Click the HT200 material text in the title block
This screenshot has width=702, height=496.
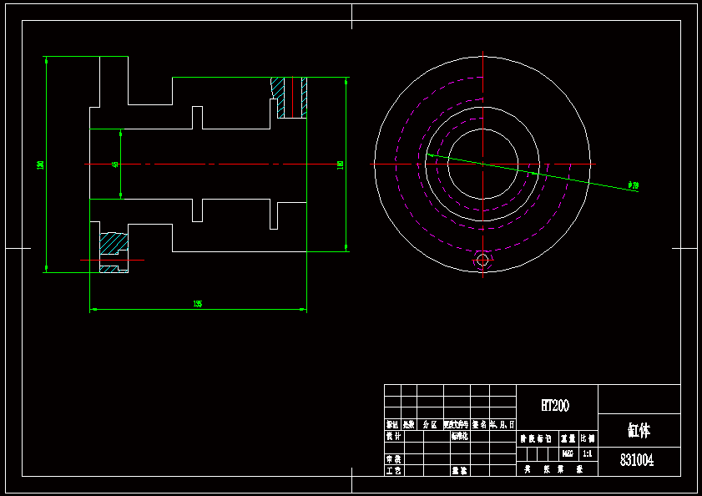555,406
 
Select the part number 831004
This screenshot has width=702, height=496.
637,460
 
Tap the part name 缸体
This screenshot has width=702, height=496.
639,431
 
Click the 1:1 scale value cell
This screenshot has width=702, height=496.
587,453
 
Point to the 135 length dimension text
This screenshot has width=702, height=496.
197,304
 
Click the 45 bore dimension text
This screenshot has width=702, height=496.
115,164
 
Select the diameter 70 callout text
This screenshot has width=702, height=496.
634,185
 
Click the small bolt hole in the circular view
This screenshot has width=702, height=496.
482,261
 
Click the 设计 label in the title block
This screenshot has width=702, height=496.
392,436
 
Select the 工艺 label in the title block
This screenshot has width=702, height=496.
392,471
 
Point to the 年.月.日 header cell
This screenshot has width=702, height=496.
503,424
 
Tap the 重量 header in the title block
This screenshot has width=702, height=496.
568,438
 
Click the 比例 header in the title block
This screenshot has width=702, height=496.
588,438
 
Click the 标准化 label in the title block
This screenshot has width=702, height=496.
459,436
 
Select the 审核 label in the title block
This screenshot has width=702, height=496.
392,459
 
